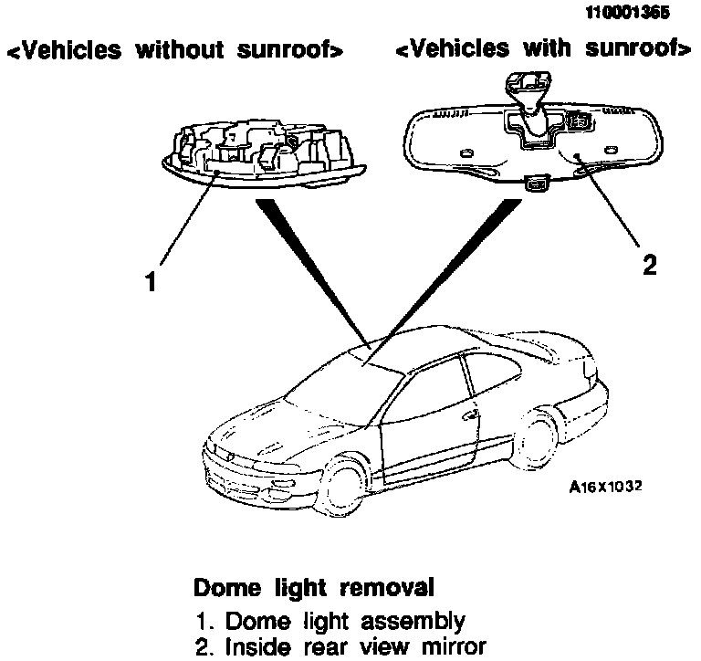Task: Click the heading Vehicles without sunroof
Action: coord(175,51)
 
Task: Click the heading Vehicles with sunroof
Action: coord(542,49)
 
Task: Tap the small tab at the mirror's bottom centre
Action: coord(536,185)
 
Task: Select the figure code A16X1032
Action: coord(605,487)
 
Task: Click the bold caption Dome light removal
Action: coord(314,585)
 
